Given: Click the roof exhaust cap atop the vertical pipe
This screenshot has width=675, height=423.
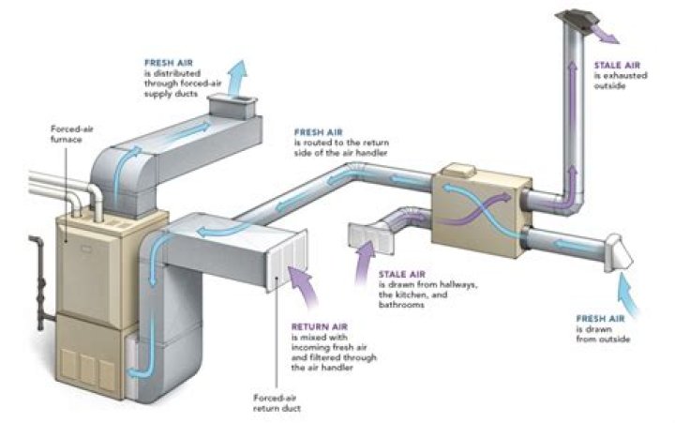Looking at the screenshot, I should click(x=576, y=19).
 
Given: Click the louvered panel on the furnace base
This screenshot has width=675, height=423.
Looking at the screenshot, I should click(x=82, y=368).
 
